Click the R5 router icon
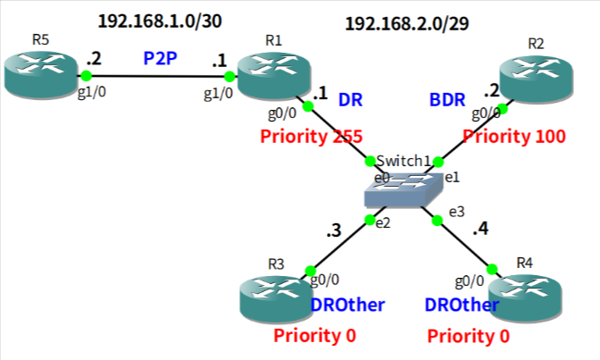[40, 74]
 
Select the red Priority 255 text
[311, 137]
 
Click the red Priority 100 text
[513, 137]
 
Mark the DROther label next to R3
[347, 306]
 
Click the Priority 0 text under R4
[469, 337]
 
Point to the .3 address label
[335, 230]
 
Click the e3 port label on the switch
[456, 212]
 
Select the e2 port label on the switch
[381, 222]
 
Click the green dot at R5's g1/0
[87, 76]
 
